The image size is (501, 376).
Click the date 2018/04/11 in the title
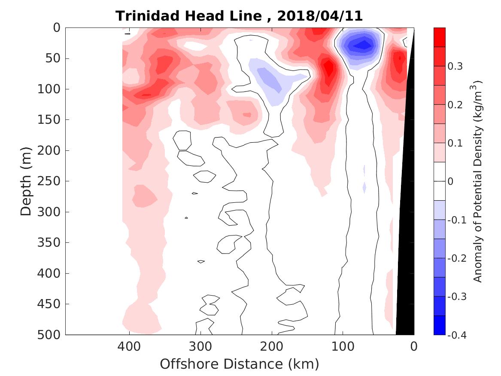pyautogui.click(x=320, y=16)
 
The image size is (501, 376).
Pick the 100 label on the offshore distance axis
pyautogui.click(x=342, y=345)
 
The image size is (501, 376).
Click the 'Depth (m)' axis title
pyautogui.click(x=26, y=181)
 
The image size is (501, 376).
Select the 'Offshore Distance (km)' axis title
pyautogui.click(x=240, y=364)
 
